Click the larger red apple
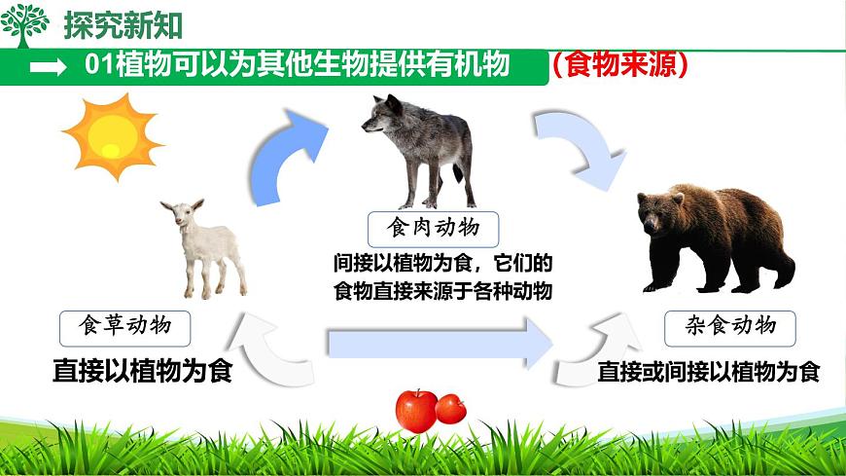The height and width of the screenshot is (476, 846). [416, 410]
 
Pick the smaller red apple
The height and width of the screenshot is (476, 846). [450, 408]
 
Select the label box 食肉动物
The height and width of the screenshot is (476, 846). [433, 229]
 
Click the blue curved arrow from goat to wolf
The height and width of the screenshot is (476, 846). [283, 156]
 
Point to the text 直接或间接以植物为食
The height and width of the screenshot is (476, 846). [709, 372]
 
